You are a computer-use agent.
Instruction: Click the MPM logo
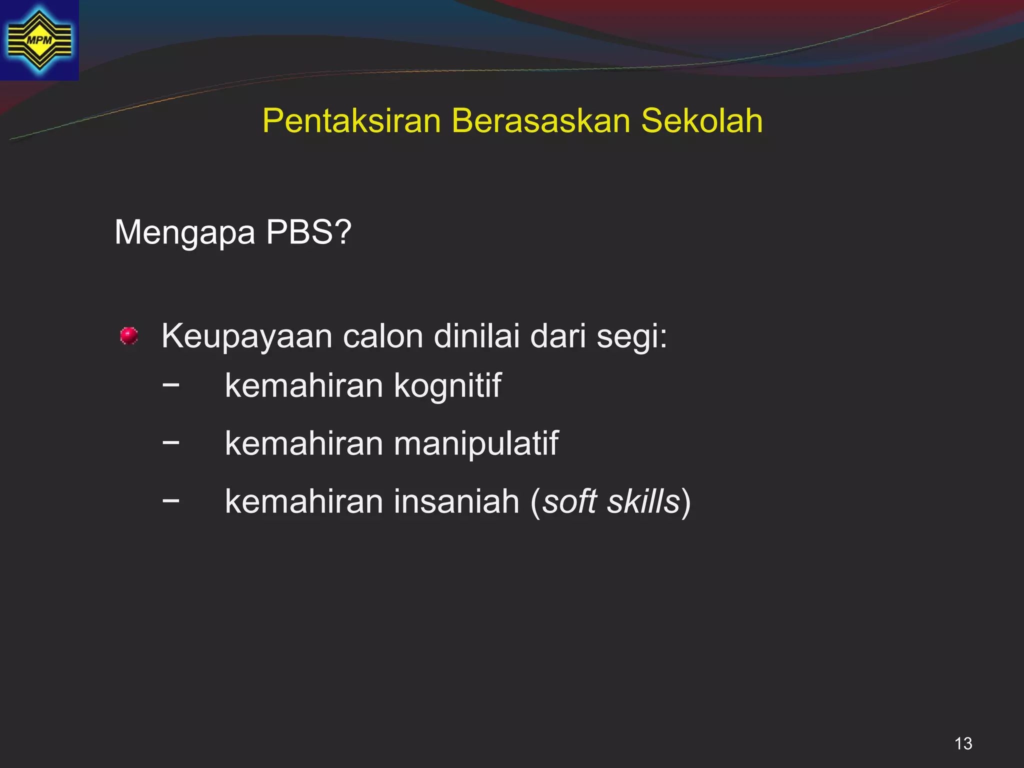pos(39,40)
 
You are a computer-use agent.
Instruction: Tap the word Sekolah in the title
pos(701,121)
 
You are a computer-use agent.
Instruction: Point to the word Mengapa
pos(184,233)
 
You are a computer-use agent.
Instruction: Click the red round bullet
pos(129,336)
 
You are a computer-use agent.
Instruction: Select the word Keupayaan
pos(247,337)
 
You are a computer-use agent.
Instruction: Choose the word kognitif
pos(447,386)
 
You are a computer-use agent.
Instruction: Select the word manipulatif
pos(476,444)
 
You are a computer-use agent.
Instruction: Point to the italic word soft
pos(570,501)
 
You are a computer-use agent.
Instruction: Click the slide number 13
pos(963,743)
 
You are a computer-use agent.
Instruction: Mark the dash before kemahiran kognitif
pos(171,384)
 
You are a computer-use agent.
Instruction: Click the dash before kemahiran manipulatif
pos(171,442)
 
